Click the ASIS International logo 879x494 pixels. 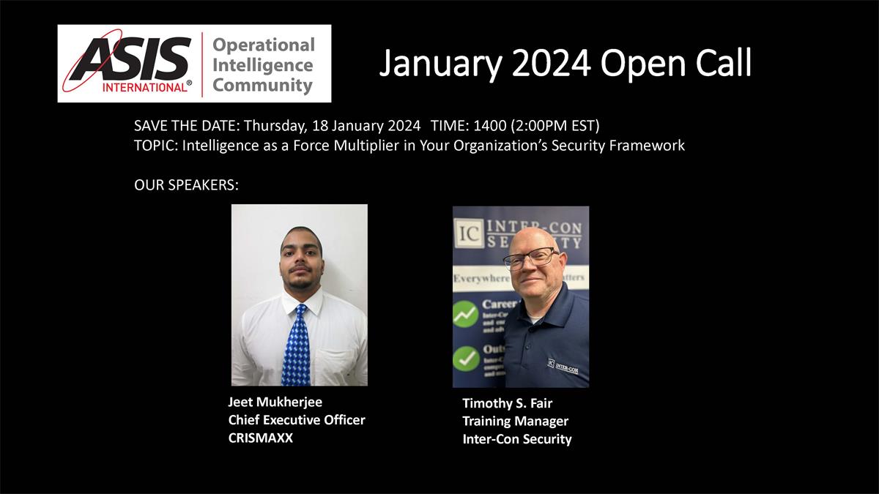coord(129,64)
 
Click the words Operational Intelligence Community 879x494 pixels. coord(263,65)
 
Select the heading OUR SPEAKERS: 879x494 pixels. coord(187,185)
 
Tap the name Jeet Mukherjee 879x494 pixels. coord(275,402)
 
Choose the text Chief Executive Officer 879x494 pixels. coord(296,420)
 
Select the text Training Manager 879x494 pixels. coord(515,421)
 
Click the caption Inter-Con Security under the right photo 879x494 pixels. coord(516,439)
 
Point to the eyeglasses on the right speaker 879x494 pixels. coord(531,258)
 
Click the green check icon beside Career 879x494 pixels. coord(466,313)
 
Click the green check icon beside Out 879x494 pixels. coord(466,358)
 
